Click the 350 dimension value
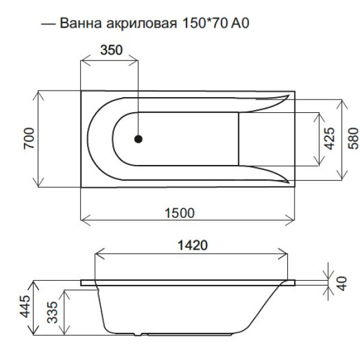tap(110, 50)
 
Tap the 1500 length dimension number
tap(180, 212)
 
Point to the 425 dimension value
tap(329, 138)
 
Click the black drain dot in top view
tap(139, 139)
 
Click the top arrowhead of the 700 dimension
tap(38, 93)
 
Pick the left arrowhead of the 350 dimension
tap(84, 59)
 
